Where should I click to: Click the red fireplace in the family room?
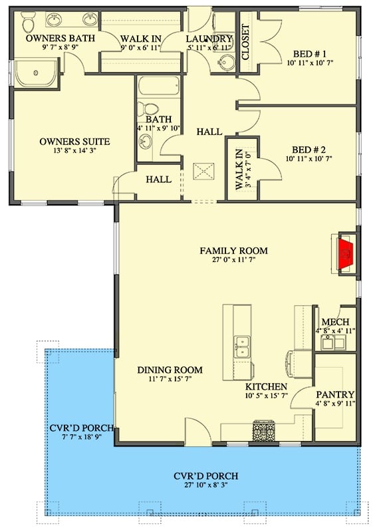point(345,253)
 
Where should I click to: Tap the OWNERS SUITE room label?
point(74,142)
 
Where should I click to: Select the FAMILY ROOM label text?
point(234,251)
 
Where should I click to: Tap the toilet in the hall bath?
point(150,110)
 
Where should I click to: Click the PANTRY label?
point(336,394)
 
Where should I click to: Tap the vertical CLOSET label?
point(245,43)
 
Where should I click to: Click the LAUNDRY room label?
point(209,39)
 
